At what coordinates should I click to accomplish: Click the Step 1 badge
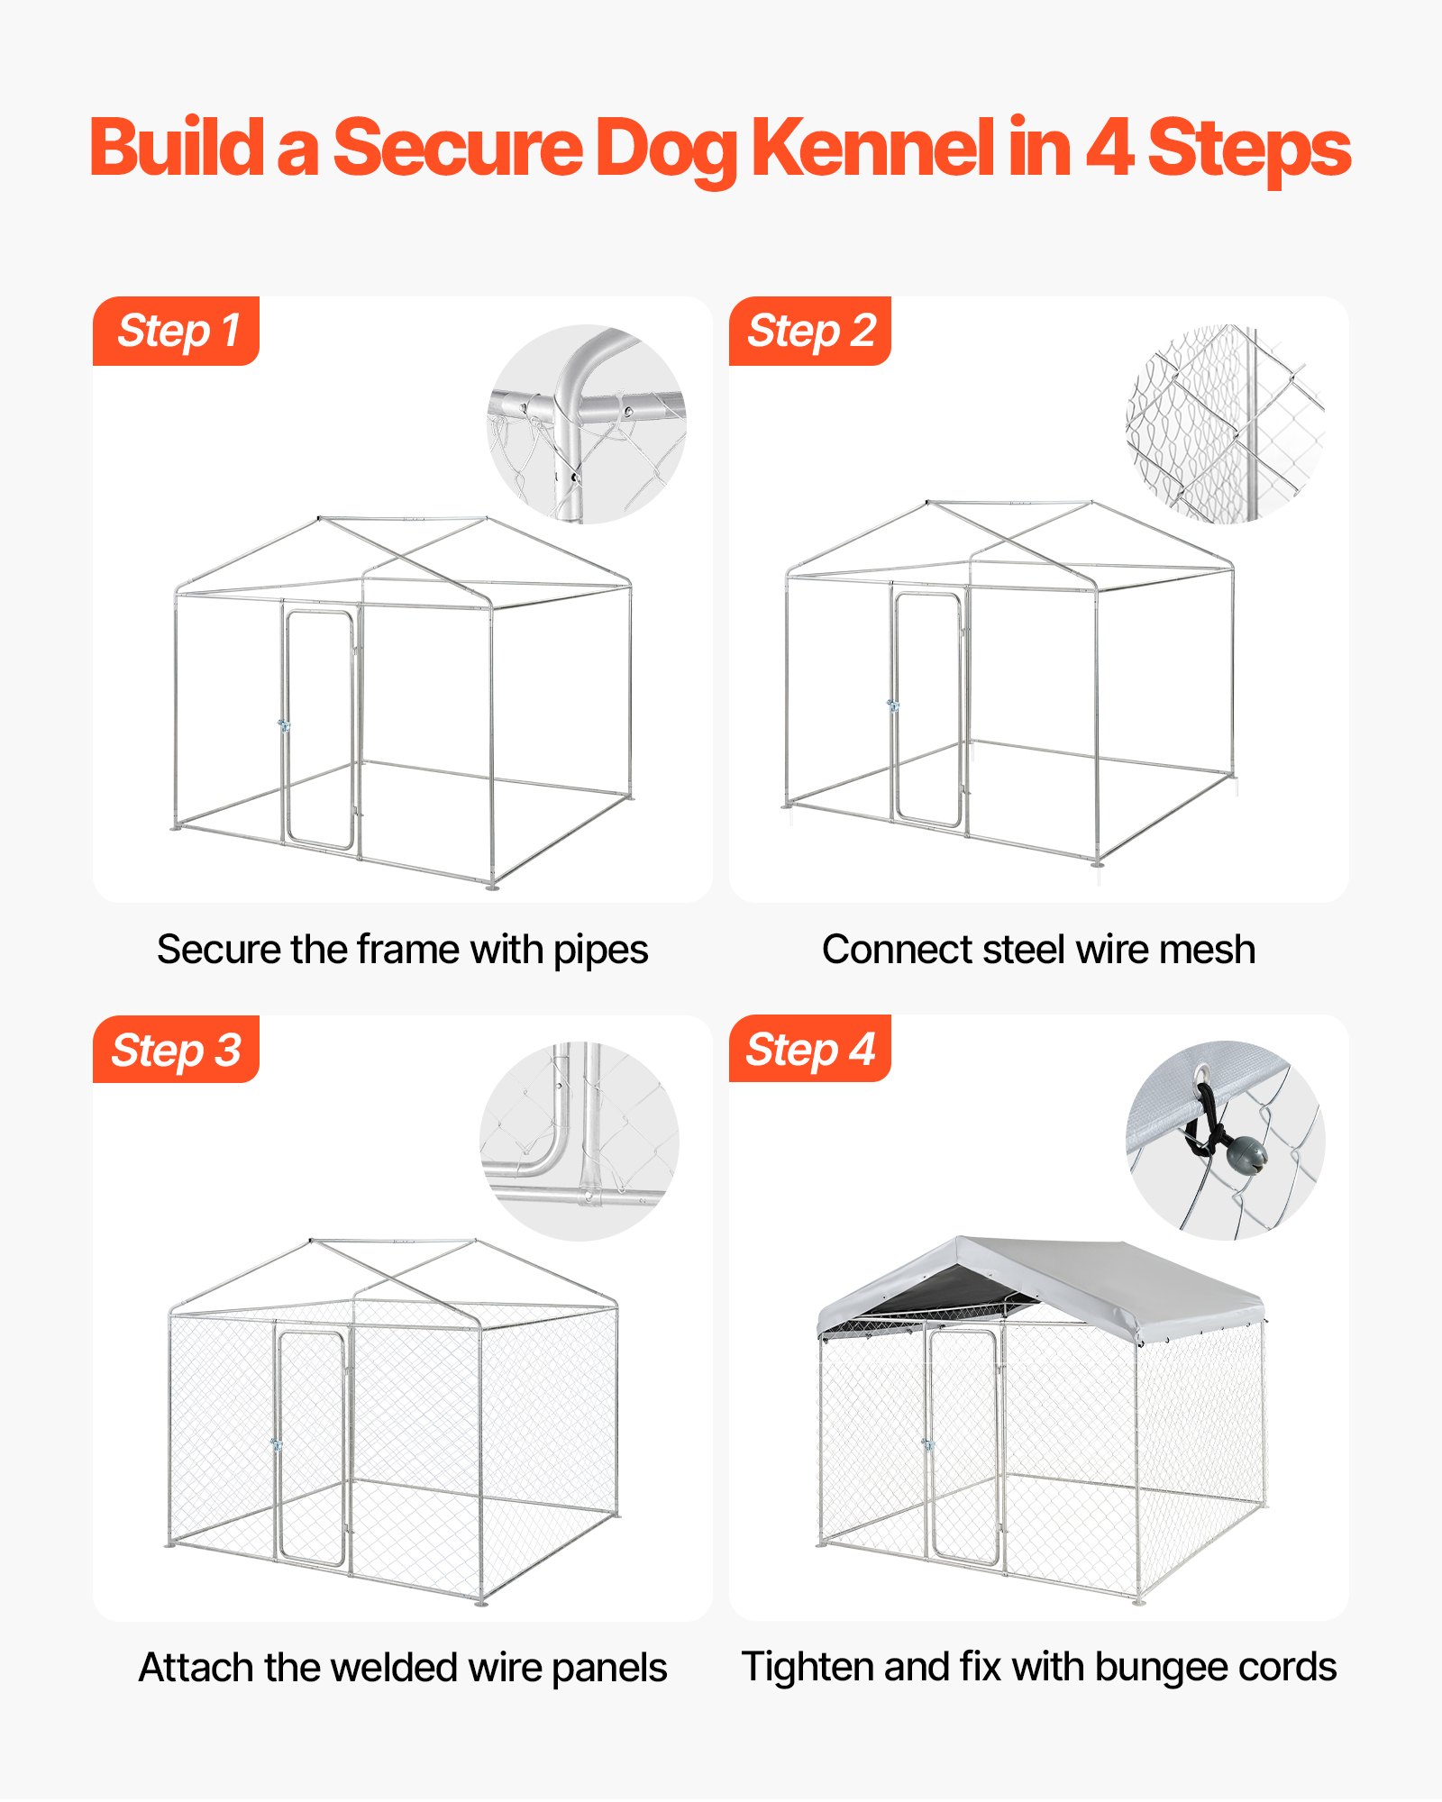[x=177, y=331]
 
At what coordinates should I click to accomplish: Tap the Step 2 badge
[x=810, y=331]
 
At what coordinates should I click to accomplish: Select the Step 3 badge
[x=177, y=1050]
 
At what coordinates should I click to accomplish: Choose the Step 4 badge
[x=810, y=1049]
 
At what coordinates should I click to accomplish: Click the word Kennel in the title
[x=872, y=149]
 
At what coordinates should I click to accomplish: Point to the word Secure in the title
[x=458, y=149]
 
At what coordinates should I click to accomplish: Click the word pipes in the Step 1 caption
[x=600, y=950]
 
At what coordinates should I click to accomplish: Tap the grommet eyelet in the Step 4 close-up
[x=1203, y=1075]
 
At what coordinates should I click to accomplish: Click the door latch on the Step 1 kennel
[x=284, y=725]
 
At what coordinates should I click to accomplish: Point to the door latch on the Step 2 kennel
[x=892, y=705]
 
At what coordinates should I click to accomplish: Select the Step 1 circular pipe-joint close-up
[x=587, y=423]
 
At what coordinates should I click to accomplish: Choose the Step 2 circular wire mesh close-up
[x=1225, y=423]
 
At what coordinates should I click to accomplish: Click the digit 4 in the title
[x=1109, y=149]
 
